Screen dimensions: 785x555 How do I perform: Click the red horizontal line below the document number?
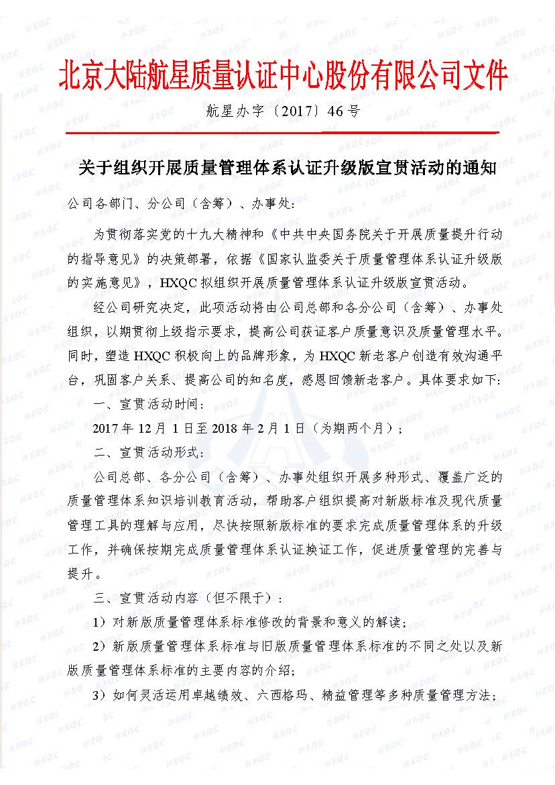click(277, 132)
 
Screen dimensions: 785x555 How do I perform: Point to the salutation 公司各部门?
click(101, 203)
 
